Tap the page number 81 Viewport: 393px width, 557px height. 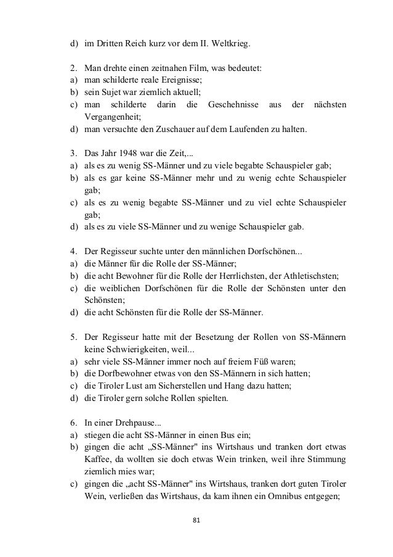coord(197,521)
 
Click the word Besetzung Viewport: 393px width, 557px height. coord(187,337)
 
